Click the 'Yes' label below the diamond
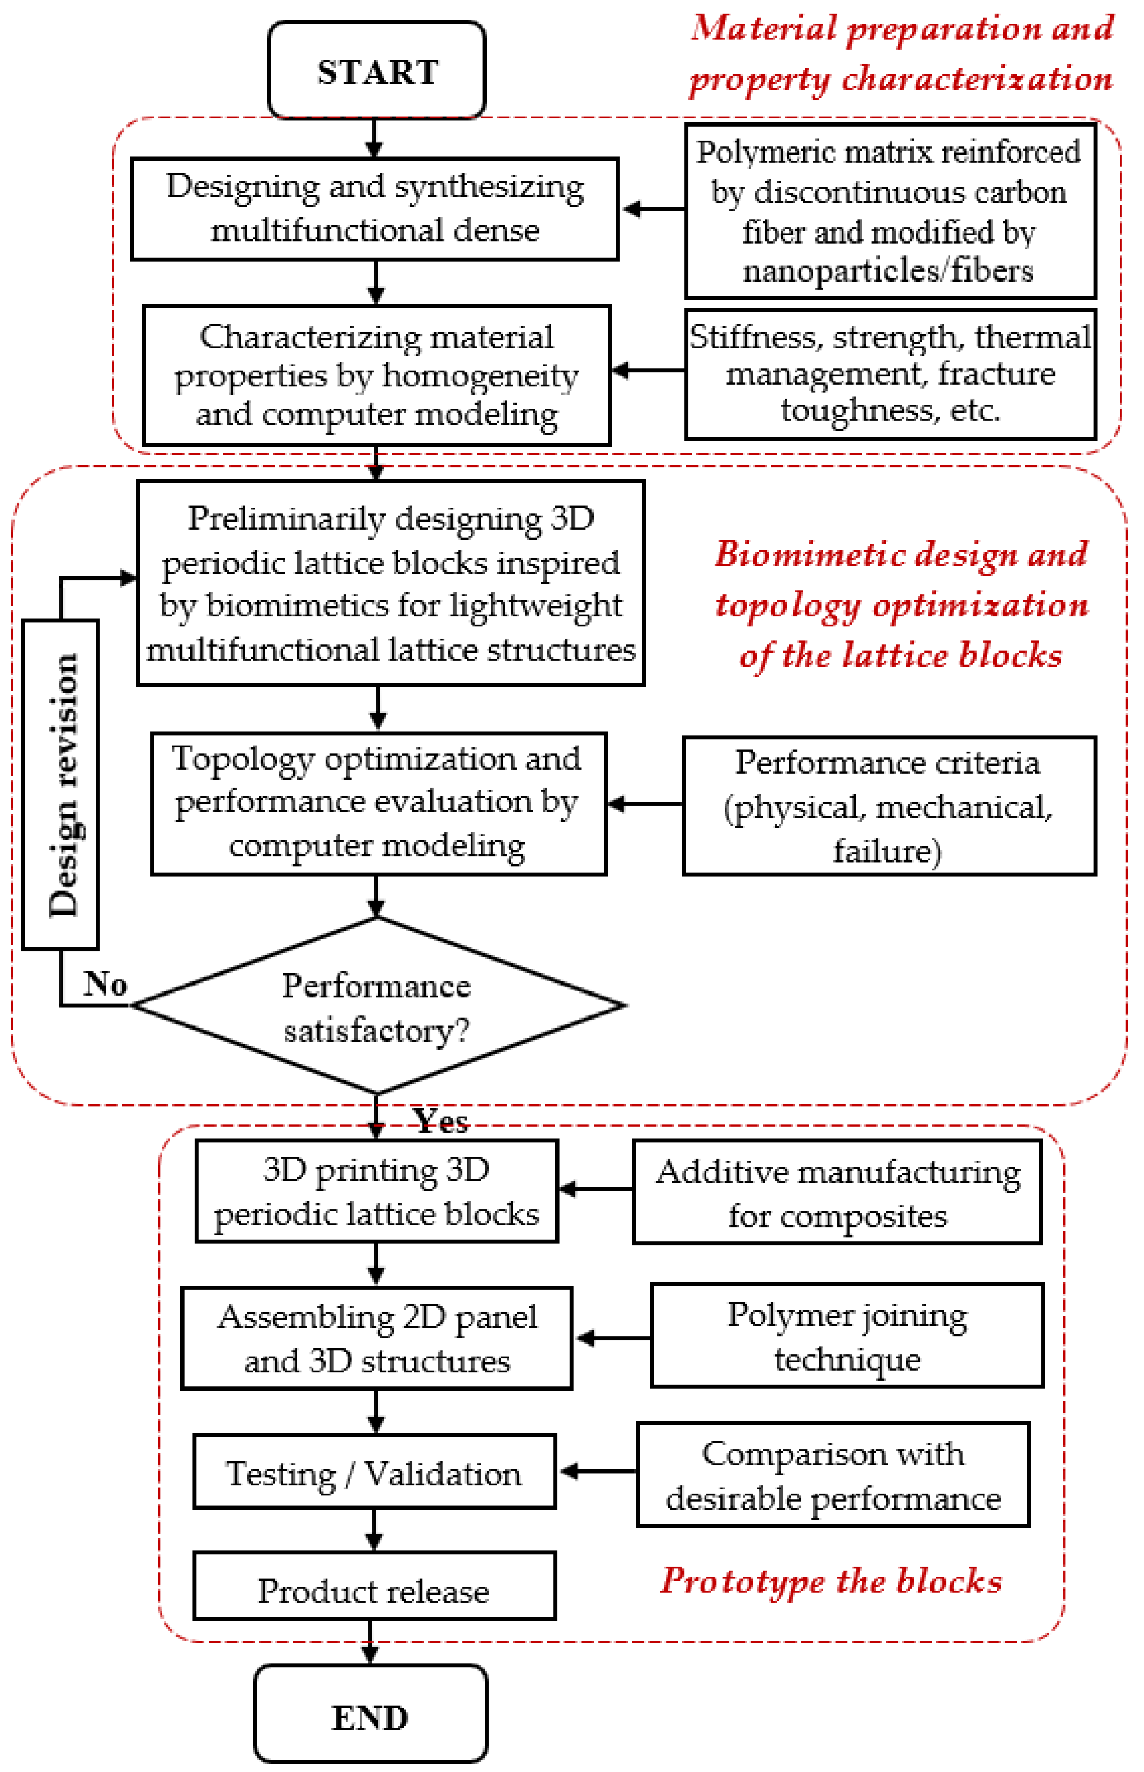(x=441, y=1120)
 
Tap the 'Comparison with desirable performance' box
(x=833, y=1475)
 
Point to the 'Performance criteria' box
(x=888, y=805)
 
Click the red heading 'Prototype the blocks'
(x=831, y=1580)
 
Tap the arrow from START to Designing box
(x=375, y=138)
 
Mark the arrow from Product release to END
(x=370, y=1644)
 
